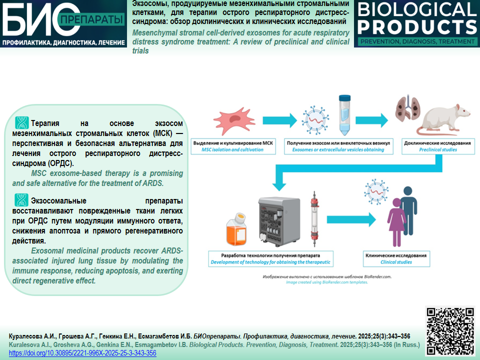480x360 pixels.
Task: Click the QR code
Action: pyautogui.click(x=450, y=331)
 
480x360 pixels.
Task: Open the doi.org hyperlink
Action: pyautogui.click(x=82, y=353)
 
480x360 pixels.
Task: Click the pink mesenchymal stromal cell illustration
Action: pyautogui.click(x=234, y=120)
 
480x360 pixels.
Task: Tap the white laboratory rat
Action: pyautogui.click(x=443, y=119)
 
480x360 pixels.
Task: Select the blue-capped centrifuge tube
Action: pyautogui.click(x=344, y=115)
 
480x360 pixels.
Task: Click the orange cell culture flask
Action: pyautogui.click(x=236, y=229)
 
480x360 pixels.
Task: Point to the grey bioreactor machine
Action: pyautogui.click(x=279, y=221)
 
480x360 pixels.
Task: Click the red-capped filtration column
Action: pyautogui.click(x=314, y=219)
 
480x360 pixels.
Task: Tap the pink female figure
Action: pyautogui.click(x=396, y=222)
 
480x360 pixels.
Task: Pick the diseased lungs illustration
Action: pyautogui.click(x=407, y=108)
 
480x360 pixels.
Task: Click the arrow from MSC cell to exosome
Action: pyautogui.click(x=279, y=120)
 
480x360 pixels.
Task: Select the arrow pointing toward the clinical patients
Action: pyautogui.click(x=351, y=219)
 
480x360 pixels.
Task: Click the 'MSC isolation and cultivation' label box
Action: pyautogui.click(x=233, y=146)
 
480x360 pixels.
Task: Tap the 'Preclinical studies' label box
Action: pyautogui.click(x=438, y=146)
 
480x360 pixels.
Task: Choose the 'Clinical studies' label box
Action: pyautogui.click(x=396, y=258)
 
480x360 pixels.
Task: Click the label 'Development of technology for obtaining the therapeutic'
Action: pyautogui.click(x=270, y=262)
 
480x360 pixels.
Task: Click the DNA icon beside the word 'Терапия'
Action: pyautogui.click(x=21, y=123)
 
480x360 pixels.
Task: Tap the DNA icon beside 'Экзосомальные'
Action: pyautogui.click(x=21, y=200)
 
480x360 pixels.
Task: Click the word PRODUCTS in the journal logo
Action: pyautogui.click(x=417, y=27)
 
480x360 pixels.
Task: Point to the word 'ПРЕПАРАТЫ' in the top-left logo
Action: pyautogui.click(x=91, y=20)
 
